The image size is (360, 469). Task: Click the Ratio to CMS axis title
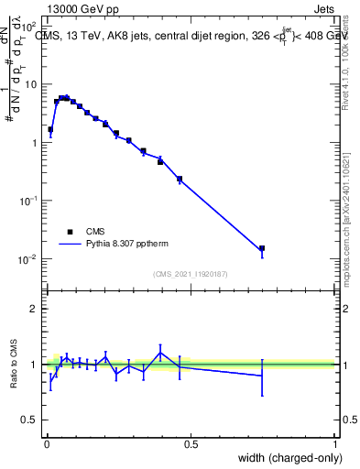14,364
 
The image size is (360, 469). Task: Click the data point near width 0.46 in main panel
180,179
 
